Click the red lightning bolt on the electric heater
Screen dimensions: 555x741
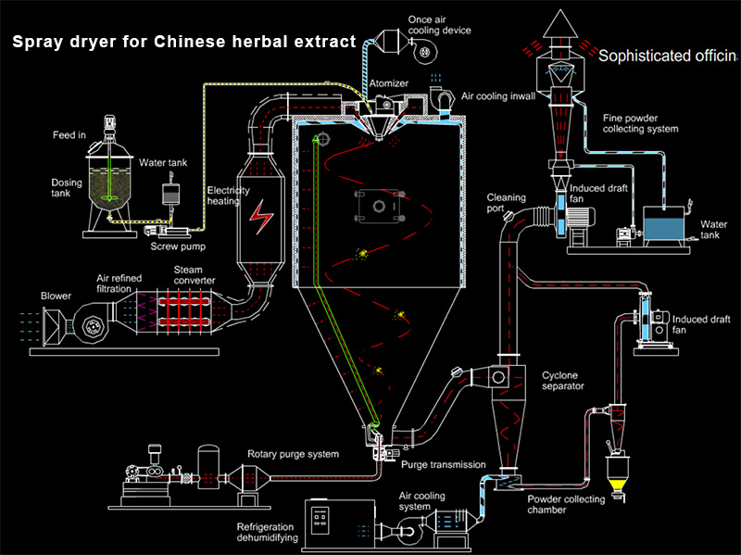261,220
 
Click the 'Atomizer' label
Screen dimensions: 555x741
389,83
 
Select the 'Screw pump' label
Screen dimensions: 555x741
178,246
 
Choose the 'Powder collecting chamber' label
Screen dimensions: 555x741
566,505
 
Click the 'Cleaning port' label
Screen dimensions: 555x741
507,203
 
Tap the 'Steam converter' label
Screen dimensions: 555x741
195,275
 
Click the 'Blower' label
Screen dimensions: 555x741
56,296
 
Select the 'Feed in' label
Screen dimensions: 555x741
69,135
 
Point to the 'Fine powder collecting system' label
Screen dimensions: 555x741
640,123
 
